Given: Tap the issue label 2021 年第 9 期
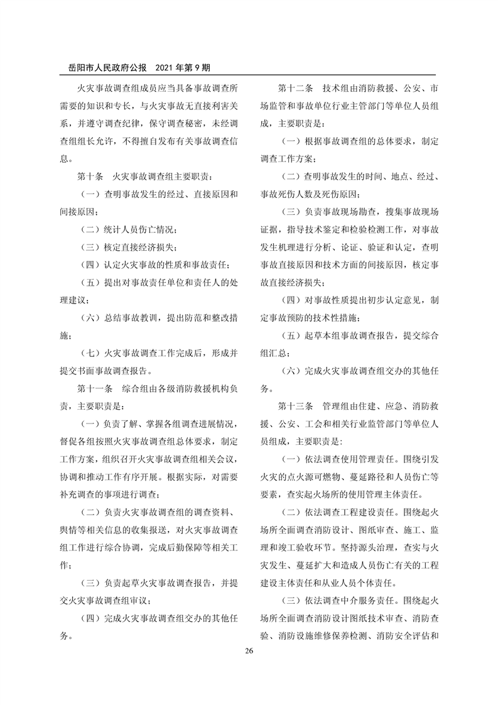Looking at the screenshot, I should tap(181, 67).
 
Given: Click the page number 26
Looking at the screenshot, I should tap(249, 650).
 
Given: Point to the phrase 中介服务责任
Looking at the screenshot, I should tap(366, 601).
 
